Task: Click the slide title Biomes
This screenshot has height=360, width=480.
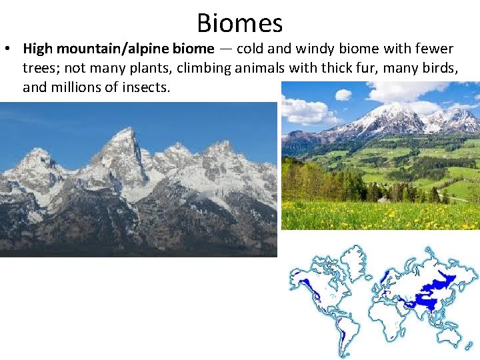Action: click(x=240, y=23)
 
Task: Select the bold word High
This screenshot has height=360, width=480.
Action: click(x=38, y=49)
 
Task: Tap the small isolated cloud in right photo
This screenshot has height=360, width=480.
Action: click(x=343, y=95)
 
